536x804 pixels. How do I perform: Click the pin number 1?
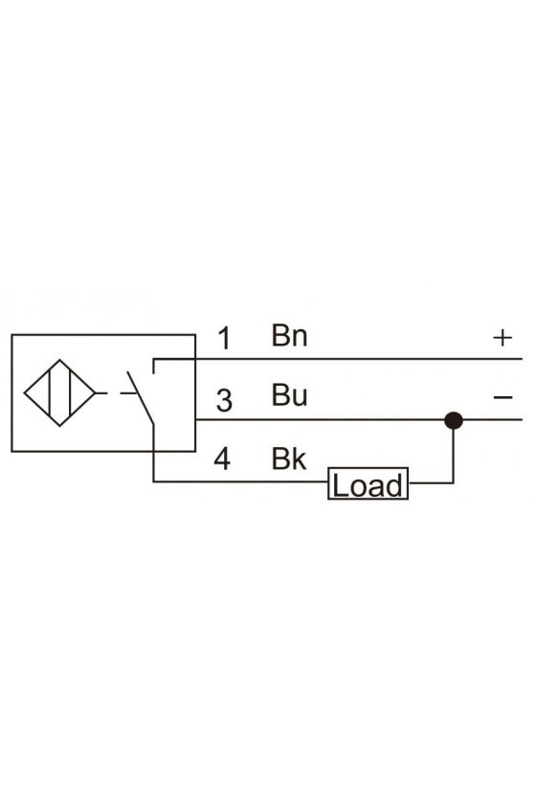point(224,339)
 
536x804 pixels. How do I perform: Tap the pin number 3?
point(224,400)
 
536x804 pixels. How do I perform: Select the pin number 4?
point(222,458)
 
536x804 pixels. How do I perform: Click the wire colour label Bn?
point(289,335)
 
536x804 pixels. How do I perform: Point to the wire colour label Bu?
point(289,394)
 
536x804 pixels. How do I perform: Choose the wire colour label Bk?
point(288,458)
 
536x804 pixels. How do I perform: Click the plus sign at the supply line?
point(502,338)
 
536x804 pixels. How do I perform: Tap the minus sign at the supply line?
point(503,397)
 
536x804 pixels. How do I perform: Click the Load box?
point(368,483)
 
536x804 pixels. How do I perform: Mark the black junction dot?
point(454,420)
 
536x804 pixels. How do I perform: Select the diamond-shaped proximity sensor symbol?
point(59,392)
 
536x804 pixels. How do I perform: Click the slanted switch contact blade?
point(141,398)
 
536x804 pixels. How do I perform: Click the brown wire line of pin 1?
point(338,359)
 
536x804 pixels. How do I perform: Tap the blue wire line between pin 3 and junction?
point(320,420)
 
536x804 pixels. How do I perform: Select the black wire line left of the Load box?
point(240,481)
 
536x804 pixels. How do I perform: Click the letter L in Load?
point(339,485)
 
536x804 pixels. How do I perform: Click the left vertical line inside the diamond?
point(51,392)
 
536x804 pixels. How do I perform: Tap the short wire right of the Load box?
point(431,482)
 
